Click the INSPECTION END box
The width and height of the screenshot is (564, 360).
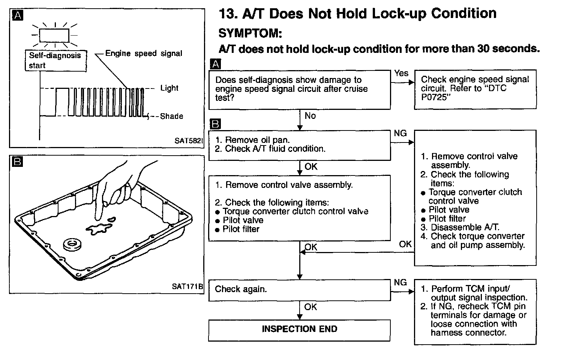[x=299, y=330]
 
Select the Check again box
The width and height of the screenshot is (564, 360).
[x=299, y=290]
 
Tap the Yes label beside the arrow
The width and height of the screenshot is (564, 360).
[x=401, y=73]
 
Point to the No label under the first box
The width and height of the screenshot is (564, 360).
[x=310, y=116]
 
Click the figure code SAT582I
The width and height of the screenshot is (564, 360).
[x=189, y=141]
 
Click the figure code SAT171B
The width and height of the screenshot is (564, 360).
[x=187, y=286]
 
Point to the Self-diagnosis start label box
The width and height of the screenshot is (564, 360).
[x=55, y=60]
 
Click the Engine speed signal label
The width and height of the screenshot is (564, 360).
[x=144, y=54]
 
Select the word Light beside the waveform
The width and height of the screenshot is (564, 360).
[x=169, y=88]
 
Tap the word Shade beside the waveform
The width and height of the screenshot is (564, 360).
[x=171, y=116]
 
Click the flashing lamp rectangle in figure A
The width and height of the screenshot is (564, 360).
[x=54, y=36]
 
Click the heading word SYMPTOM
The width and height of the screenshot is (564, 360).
[x=249, y=33]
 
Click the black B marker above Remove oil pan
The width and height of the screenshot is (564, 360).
[x=216, y=124]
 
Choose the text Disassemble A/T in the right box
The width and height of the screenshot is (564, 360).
[x=465, y=227]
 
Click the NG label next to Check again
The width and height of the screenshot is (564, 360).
[x=400, y=282]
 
